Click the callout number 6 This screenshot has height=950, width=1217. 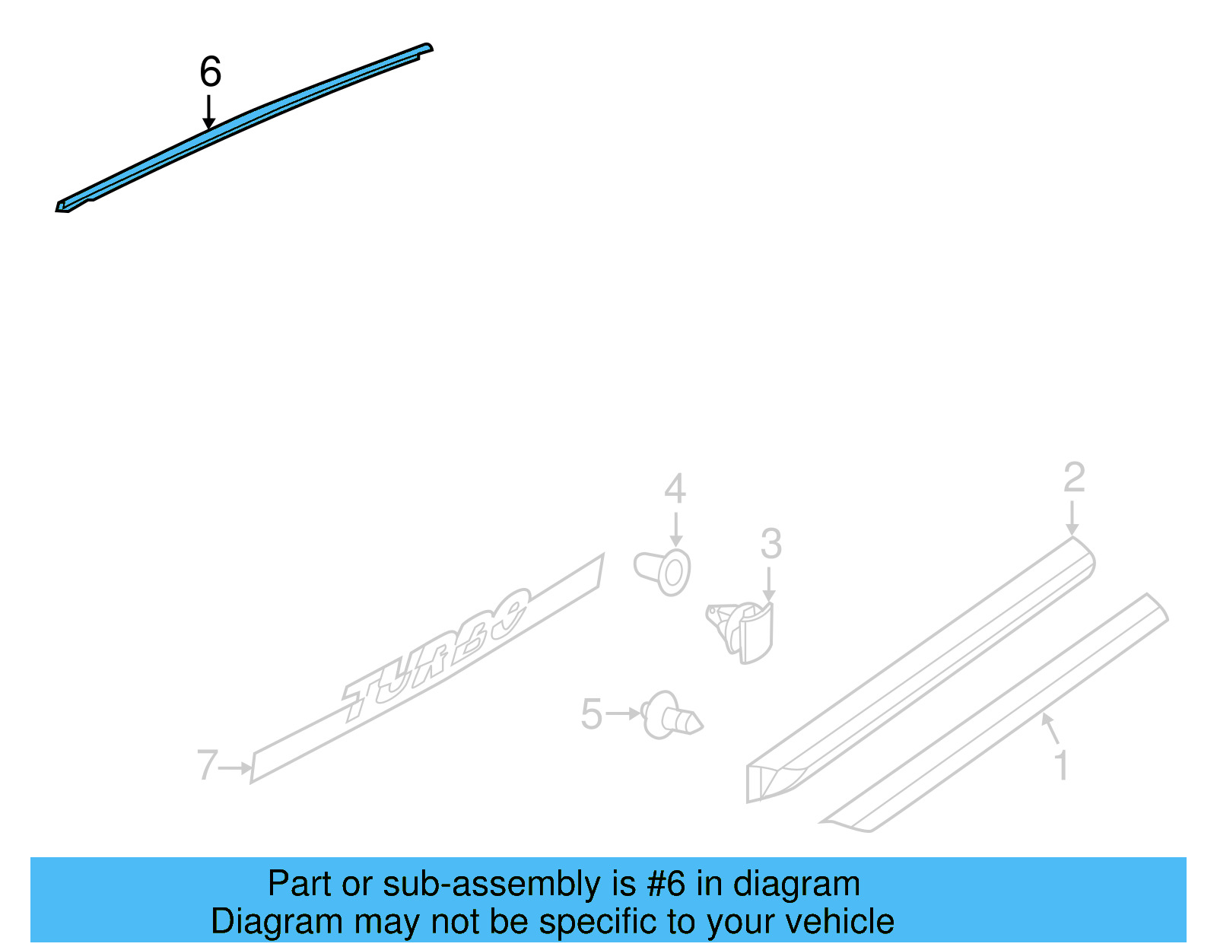(210, 72)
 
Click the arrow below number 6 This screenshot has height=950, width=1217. (208, 112)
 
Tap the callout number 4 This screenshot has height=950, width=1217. (675, 488)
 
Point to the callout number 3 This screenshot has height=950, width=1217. (771, 544)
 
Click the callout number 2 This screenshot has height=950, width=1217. (1073, 478)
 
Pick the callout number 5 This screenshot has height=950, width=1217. (591, 715)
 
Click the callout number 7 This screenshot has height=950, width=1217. (207, 765)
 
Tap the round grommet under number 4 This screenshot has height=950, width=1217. (664, 571)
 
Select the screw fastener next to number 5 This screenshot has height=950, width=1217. (671, 716)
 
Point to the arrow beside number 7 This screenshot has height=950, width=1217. (236, 768)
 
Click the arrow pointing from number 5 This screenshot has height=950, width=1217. (624, 714)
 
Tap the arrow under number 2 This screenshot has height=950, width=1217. (1072, 517)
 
